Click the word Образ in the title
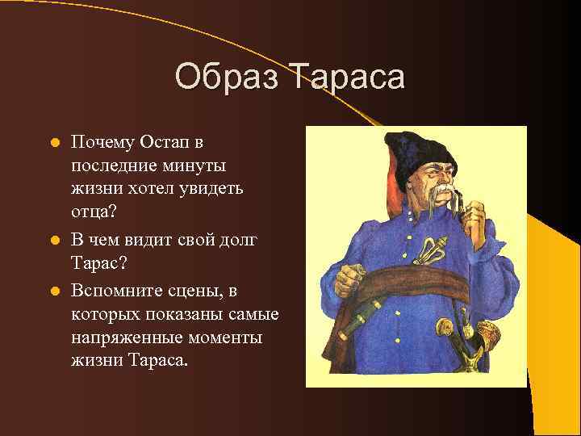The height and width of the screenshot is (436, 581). click(229, 78)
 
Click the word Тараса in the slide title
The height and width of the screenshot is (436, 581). click(348, 78)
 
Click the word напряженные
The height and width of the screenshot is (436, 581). click(123, 337)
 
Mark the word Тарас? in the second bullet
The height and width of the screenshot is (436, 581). click(98, 264)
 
